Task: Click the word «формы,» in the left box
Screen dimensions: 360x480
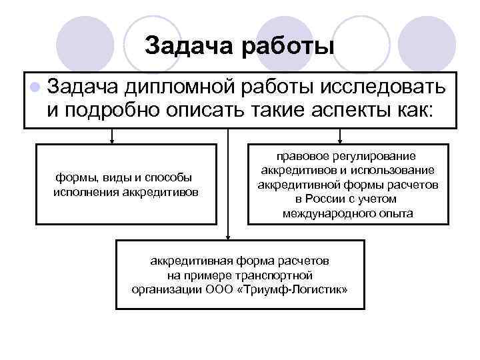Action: [x=77, y=177]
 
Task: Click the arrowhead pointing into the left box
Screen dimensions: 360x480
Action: [x=112, y=141]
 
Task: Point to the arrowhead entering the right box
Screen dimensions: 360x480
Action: [x=341, y=141]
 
